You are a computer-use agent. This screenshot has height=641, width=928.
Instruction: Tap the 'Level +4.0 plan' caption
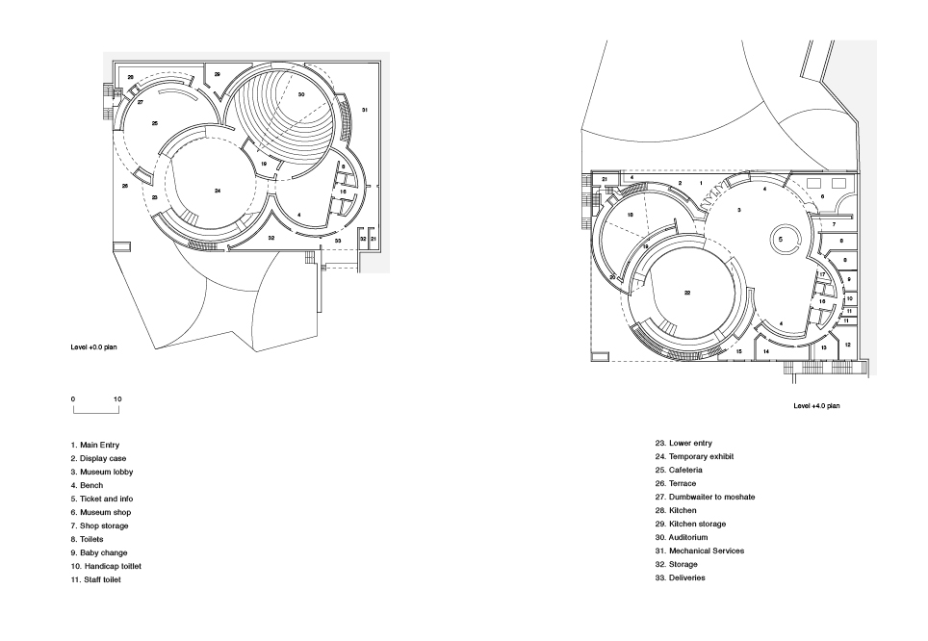tap(816, 406)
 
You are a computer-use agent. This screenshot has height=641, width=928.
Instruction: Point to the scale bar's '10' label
tap(117, 398)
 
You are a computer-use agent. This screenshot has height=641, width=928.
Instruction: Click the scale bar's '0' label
tap(72, 398)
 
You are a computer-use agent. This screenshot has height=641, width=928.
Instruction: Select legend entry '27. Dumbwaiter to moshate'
tap(705, 497)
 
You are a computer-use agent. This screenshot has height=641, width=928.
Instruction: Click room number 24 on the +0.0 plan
tap(218, 192)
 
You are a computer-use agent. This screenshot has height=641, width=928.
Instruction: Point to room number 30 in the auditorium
tap(301, 94)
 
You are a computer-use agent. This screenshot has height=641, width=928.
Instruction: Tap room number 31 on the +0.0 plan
tap(365, 111)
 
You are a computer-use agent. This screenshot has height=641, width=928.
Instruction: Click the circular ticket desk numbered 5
tap(781, 238)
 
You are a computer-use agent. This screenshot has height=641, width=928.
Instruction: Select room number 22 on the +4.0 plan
tap(687, 293)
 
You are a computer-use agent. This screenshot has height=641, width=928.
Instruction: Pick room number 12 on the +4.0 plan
tap(847, 345)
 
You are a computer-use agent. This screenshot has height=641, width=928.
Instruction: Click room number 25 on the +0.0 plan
tap(155, 123)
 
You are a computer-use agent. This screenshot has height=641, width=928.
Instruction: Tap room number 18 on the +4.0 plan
tap(631, 215)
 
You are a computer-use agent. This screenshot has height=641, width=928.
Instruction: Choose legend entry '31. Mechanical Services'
tap(700, 551)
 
